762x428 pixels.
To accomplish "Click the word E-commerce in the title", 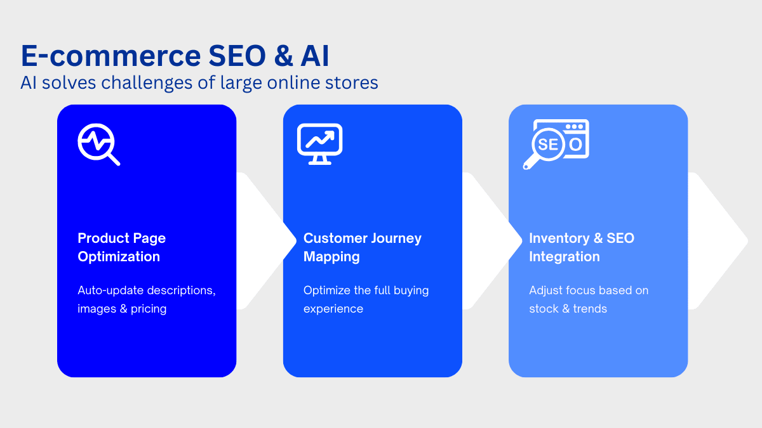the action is (111, 56).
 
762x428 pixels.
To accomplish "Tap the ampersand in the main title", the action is (283, 56).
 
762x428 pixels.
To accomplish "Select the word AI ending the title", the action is (315, 56).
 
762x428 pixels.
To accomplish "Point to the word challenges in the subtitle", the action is (147, 83).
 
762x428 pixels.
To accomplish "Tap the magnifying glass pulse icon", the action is (98, 145).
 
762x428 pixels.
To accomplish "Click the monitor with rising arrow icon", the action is (320, 144).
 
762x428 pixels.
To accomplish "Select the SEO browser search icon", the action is (556, 144).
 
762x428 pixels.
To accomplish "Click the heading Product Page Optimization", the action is (121, 247).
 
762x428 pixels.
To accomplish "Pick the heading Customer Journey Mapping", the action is (363, 247).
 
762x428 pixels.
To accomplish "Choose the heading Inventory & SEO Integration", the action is (582, 247).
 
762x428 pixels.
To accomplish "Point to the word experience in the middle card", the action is (333, 309).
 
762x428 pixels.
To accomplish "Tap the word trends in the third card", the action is (590, 309).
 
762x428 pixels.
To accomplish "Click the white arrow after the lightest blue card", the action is (718, 241).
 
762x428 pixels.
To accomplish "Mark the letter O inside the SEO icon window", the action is (575, 145).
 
